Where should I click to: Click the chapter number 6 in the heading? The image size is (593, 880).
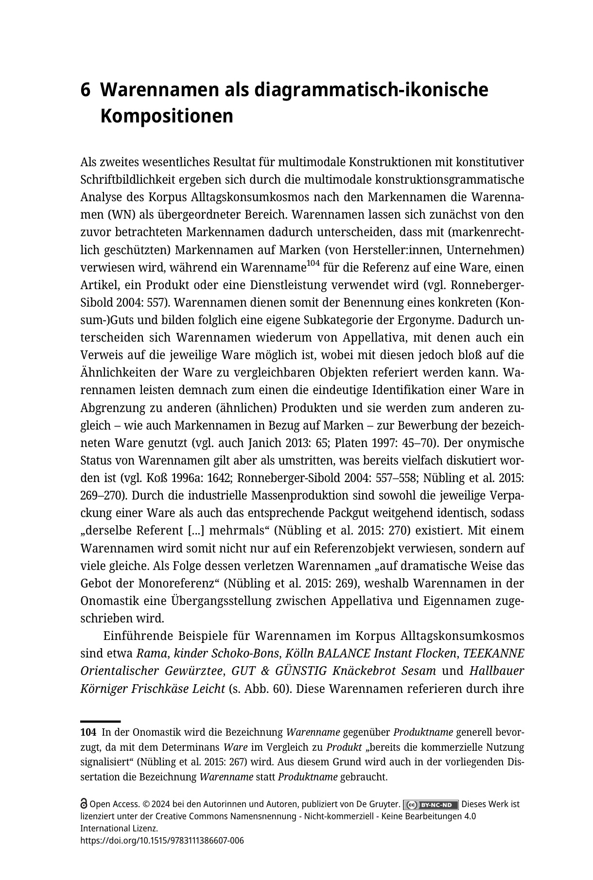click(x=86, y=90)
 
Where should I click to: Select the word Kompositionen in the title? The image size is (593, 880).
click(x=167, y=117)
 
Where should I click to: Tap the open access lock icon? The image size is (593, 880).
click(x=84, y=805)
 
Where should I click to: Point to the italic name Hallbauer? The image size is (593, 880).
click(x=497, y=671)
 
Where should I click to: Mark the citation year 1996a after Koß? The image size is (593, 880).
click(x=186, y=478)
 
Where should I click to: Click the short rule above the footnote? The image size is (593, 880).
click(x=100, y=722)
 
